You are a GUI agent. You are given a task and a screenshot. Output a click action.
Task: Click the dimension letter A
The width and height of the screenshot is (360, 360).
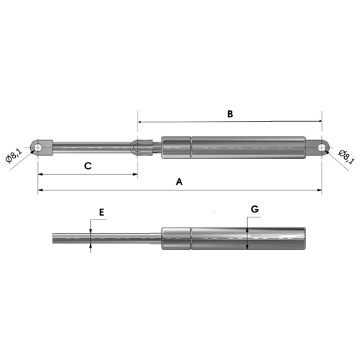pos(179,181)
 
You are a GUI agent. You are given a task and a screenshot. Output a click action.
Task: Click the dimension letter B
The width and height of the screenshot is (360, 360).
pos(230,114)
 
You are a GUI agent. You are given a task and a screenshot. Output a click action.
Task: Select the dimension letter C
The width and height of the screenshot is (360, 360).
pos(88,166)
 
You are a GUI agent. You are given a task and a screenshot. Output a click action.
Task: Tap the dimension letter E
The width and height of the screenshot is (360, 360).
pos(102,212)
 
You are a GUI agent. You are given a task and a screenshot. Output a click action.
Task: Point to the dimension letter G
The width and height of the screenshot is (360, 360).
pos(255,210)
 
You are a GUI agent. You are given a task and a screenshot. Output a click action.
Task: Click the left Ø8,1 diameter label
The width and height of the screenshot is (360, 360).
pos(14,156)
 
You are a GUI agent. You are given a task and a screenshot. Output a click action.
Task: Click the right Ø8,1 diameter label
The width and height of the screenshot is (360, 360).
pos(346,157)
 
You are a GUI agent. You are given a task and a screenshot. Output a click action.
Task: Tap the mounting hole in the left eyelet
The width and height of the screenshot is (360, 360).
pos(38,148)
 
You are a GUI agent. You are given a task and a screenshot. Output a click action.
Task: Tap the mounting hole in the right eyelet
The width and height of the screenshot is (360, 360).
pos(322,148)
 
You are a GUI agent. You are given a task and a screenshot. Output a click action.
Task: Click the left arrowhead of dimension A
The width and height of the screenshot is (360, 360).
pos(40,190)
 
